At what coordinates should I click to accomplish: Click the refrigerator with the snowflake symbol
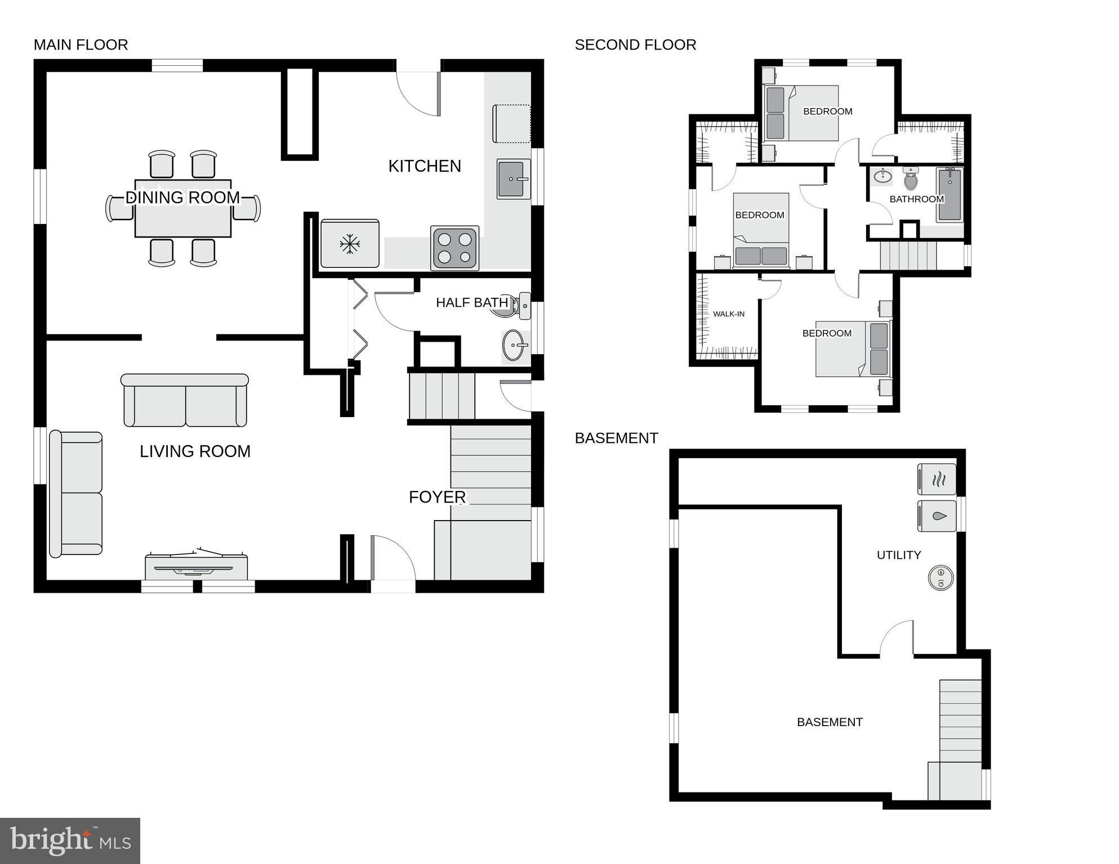coord(350,244)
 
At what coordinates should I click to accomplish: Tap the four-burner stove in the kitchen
coord(454,248)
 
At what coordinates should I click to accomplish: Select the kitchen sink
coord(513,179)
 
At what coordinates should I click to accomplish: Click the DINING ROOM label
coord(182,198)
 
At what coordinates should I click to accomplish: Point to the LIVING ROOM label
coord(195,451)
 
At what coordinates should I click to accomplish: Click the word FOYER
coord(437,497)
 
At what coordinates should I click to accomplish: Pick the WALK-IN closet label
coord(729,314)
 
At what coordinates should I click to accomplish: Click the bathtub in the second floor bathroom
coord(949,194)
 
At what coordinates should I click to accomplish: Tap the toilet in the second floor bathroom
coord(911,178)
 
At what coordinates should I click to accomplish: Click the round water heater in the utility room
coord(940,577)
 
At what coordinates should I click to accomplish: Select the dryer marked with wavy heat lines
coord(937,480)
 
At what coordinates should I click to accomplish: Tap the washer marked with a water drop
coord(937,516)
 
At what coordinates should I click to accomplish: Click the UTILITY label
coord(899,555)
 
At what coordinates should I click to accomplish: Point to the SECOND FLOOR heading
coord(635,45)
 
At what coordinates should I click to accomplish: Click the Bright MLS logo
coord(70,840)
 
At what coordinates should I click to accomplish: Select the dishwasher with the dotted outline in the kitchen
coord(511,124)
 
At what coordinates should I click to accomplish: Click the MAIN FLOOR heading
coord(81,45)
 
